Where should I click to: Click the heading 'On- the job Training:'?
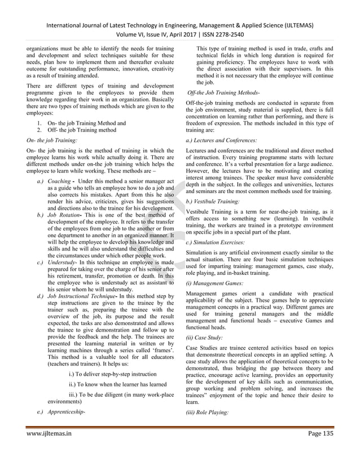(51, 138)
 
